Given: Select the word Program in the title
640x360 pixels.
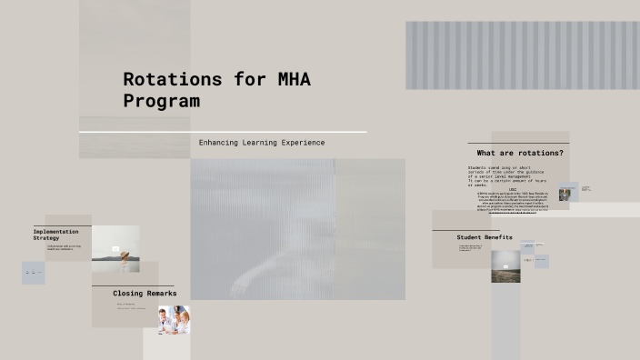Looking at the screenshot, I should [x=161, y=101].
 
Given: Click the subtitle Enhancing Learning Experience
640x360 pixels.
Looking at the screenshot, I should [x=262, y=143].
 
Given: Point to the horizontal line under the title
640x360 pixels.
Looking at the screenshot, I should [x=223, y=132].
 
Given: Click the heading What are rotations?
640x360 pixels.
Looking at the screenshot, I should [x=519, y=153].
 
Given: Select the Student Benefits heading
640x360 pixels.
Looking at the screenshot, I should [x=485, y=237].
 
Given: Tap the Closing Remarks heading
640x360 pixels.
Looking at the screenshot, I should [x=145, y=294].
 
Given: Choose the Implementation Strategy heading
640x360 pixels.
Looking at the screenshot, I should [x=55, y=235].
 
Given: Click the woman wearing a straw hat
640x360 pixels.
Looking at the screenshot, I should [x=115, y=249].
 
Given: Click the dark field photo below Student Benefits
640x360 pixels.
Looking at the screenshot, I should [x=506, y=265].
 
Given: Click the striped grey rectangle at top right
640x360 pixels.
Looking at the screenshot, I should [x=522, y=55].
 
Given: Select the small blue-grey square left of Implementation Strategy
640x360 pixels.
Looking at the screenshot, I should [x=34, y=273].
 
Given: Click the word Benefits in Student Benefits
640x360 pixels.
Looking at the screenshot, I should [x=499, y=237].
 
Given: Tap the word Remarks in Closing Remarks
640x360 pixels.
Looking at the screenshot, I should [x=161, y=294].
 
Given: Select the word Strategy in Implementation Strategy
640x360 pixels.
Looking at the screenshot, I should [x=45, y=238].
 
